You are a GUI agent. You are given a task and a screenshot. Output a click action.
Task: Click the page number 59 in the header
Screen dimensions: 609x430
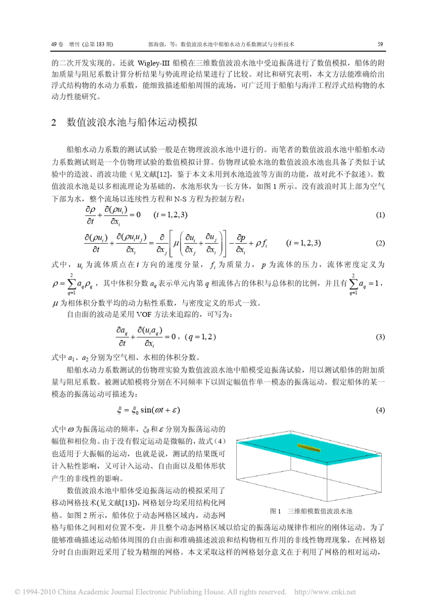pyautogui.click(x=380, y=44)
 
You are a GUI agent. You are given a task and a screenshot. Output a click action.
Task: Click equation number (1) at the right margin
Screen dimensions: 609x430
pyautogui.click(x=380, y=215)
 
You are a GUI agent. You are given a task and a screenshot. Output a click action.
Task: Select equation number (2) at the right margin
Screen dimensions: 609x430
pyautogui.click(x=380, y=243)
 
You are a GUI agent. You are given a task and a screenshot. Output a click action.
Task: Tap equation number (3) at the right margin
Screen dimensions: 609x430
pyautogui.click(x=380, y=337)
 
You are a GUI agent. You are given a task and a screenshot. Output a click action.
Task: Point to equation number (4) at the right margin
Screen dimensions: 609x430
pyautogui.click(x=380, y=410)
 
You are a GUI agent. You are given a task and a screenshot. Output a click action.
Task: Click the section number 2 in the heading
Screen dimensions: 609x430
pyautogui.click(x=54, y=123)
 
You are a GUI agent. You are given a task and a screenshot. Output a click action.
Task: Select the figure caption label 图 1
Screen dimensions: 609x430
pyautogui.click(x=275, y=511)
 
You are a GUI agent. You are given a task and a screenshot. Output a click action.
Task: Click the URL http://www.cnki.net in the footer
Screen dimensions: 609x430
pyautogui.click(x=325, y=592)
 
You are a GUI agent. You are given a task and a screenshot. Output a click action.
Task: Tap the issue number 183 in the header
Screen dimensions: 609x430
pyautogui.click(x=101, y=44)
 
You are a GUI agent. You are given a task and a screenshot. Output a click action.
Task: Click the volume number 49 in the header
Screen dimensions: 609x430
pyautogui.click(x=54, y=44)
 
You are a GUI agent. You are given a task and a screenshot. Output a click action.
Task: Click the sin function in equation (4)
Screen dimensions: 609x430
pyautogui.click(x=146, y=410)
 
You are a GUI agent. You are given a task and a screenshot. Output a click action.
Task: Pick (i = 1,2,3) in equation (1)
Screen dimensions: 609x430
pyautogui.click(x=170, y=215)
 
